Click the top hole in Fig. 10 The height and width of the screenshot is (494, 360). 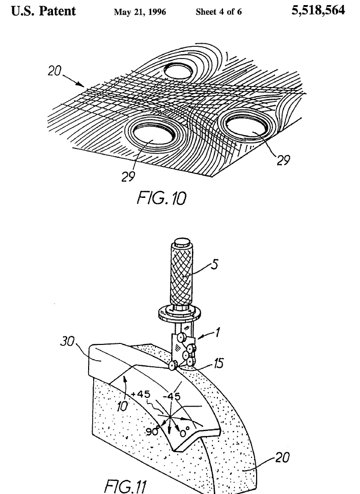[x=182, y=70]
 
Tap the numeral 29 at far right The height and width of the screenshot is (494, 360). [x=284, y=160]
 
